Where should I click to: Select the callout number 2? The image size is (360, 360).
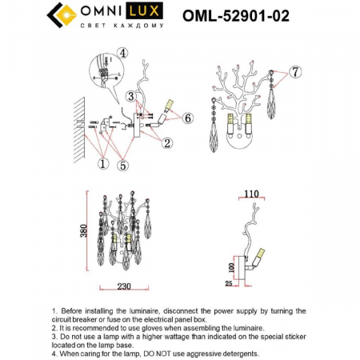[x=166, y=144]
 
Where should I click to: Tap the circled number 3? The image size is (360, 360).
[x=130, y=96]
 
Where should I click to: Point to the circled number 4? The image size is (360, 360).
[x=122, y=54]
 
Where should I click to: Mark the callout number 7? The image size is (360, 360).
[x=295, y=73]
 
